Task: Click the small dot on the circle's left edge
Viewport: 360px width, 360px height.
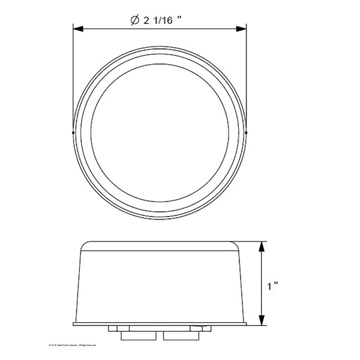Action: click(73, 132)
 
